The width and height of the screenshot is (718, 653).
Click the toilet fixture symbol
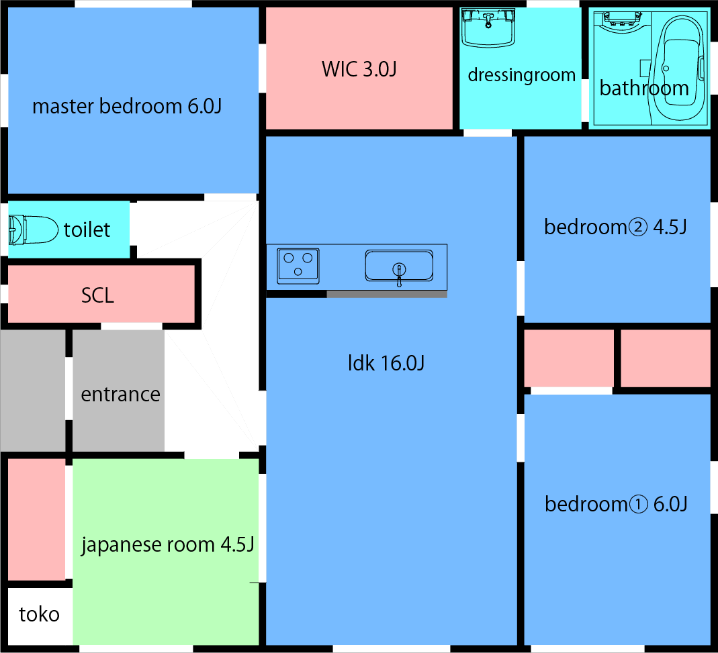click(33, 230)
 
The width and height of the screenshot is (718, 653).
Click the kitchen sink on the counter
click(399, 266)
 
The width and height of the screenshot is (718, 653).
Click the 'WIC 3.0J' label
click(359, 69)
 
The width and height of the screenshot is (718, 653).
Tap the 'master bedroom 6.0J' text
click(127, 106)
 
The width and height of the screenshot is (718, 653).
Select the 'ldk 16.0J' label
click(386, 364)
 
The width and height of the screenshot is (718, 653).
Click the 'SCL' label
click(97, 295)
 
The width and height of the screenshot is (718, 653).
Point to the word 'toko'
click(39, 614)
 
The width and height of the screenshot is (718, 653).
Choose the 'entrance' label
click(120, 394)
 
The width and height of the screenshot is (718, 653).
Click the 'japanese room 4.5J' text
click(167, 544)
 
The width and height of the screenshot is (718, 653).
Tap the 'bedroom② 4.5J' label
click(615, 227)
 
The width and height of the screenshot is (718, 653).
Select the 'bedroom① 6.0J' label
click(616, 504)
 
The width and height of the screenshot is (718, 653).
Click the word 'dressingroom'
click(521, 75)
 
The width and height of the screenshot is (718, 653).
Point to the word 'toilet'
click(87, 230)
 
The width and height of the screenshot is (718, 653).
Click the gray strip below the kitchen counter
click(386, 294)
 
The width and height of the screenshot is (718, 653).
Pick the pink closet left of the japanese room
click(36, 519)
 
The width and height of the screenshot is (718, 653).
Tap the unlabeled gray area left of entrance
click(32, 391)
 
